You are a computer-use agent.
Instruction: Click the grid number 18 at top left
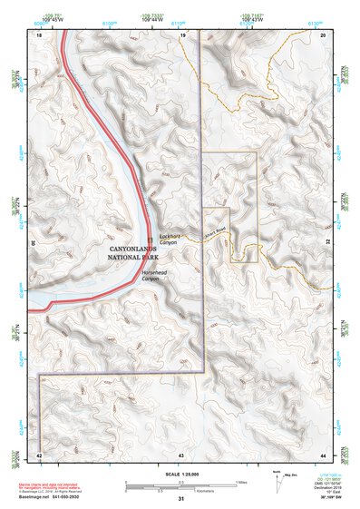click(x=39, y=34)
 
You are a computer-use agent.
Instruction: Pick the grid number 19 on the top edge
click(x=181, y=34)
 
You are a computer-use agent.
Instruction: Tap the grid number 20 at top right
click(x=324, y=34)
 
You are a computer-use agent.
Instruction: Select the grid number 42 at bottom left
click(x=39, y=454)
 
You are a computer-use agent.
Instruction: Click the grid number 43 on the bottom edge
click(x=181, y=454)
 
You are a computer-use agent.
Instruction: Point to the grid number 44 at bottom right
click(x=324, y=454)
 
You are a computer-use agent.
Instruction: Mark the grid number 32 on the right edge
click(x=326, y=243)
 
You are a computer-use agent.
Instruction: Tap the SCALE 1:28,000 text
click(x=181, y=472)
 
